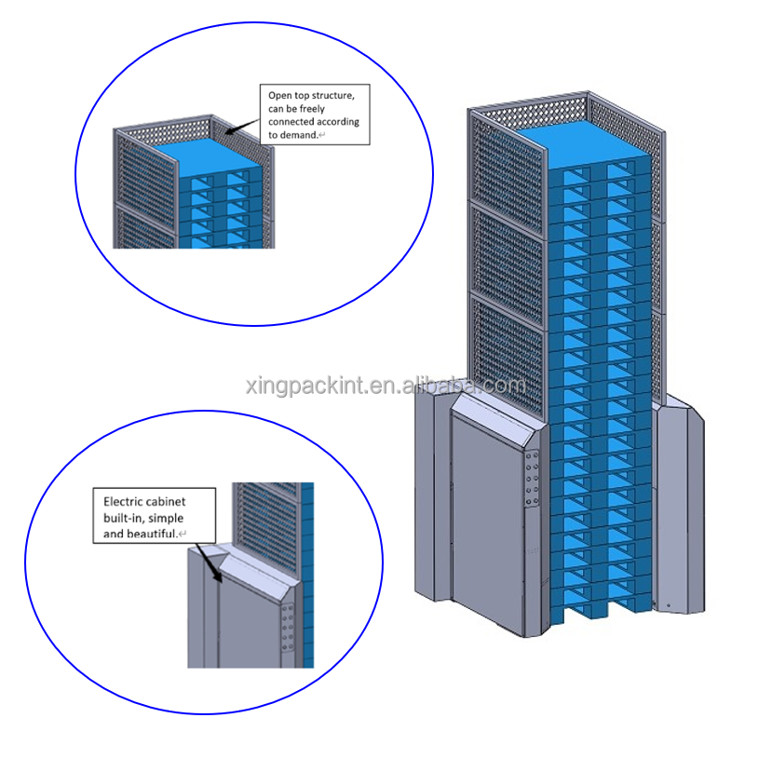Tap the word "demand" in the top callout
[x=296, y=135]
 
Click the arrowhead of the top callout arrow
[x=229, y=130]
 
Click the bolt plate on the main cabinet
[x=534, y=480]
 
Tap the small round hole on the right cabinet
[x=668, y=605]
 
